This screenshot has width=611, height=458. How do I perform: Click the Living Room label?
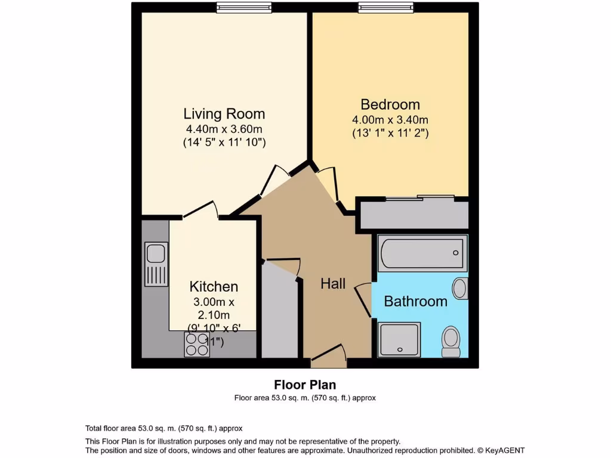[x=224, y=113]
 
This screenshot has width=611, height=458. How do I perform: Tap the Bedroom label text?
[x=390, y=104]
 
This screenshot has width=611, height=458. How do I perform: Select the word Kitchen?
[x=214, y=286]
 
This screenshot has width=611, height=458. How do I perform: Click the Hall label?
[x=333, y=284]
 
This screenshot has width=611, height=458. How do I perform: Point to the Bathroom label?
[x=415, y=301]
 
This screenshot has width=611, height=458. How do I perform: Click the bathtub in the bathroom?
[x=422, y=253]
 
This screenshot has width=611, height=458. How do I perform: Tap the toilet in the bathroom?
[x=450, y=342]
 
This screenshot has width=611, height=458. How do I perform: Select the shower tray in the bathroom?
[x=399, y=339]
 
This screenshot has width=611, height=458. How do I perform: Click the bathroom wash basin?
[x=459, y=288]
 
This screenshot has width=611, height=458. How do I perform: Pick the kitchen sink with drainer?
[x=156, y=264]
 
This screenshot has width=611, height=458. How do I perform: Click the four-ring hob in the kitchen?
[x=197, y=345]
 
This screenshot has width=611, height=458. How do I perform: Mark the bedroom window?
[x=385, y=7]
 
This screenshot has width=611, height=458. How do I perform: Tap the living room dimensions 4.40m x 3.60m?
[x=224, y=129]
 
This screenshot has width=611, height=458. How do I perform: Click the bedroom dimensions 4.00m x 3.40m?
[x=390, y=120]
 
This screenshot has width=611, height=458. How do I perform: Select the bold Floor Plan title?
[x=305, y=385]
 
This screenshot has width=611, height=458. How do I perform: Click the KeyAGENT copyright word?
[x=505, y=450]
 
